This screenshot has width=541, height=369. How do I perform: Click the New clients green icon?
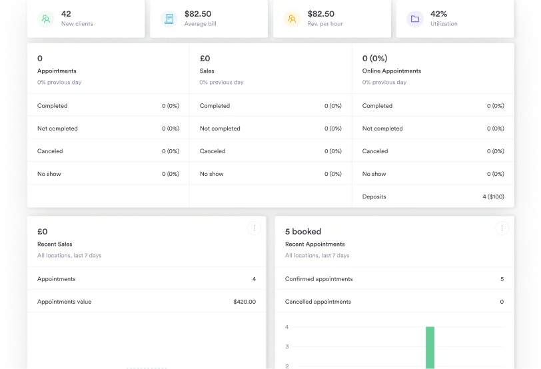46,19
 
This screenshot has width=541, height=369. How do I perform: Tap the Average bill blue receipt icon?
169,19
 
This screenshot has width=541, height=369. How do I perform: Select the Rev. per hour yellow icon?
292,19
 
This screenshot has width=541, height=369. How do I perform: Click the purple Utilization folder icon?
415,19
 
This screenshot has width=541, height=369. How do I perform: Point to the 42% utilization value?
439,13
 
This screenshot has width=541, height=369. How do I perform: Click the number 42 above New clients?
66,13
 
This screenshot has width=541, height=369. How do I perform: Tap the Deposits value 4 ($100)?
493,196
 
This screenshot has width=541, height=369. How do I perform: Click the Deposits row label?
374,196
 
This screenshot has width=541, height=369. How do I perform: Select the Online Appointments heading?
391,71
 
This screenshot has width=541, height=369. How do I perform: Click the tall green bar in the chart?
430,347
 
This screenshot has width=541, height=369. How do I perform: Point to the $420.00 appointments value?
245,302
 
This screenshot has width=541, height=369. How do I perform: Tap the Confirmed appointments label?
318,279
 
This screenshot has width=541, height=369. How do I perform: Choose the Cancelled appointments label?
318,302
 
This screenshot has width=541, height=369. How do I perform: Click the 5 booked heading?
303,232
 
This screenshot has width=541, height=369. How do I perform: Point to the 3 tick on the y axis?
286,346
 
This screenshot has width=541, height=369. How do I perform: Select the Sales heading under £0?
207,71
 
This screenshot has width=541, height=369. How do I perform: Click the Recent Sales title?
55,244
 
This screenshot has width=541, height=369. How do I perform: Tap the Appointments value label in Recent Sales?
64,302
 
